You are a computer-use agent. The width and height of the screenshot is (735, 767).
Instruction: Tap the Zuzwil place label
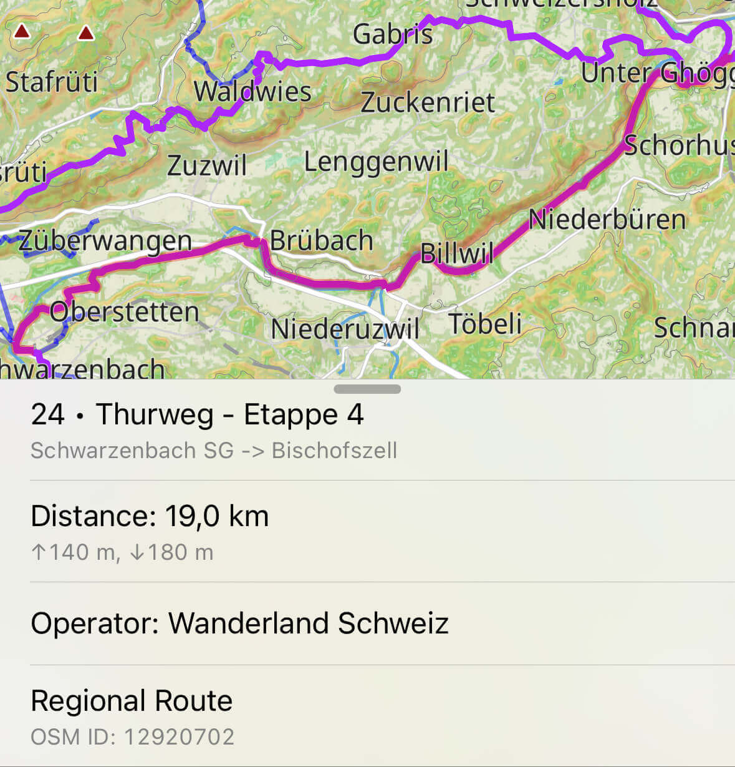(x=207, y=165)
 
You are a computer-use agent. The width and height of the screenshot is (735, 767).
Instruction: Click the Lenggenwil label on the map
(x=376, y=162)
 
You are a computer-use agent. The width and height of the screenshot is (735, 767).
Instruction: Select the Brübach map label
(x=321, y=240)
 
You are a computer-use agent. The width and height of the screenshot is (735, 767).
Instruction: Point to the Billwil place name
(x=456, y=253)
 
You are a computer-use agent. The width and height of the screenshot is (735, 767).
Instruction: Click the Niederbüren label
(x=607, y=219)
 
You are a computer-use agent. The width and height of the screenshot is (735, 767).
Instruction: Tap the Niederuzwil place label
(x=345, y=328)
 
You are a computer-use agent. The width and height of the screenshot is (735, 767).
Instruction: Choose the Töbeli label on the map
(x=485, y=323)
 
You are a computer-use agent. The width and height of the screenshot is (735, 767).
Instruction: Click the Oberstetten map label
(x=124, y=311)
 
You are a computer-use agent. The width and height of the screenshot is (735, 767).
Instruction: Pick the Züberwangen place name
(x=105, y=241)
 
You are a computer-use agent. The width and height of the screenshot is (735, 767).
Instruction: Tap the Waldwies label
(x=252, y=92)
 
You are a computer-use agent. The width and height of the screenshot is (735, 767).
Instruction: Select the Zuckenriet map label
(x=428, y=102)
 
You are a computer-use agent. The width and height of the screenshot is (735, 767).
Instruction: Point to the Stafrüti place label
(x=52, y=82)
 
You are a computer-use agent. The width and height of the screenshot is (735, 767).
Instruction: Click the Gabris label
(x=392, y=34)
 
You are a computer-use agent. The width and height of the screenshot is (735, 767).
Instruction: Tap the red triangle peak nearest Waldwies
(x=85, y=32)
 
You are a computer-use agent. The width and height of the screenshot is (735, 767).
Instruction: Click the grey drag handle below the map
(x=367, y=389)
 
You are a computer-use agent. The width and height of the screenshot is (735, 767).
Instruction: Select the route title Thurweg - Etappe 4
(x=229, y=414)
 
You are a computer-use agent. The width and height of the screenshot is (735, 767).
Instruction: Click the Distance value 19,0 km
(x=216, y=516)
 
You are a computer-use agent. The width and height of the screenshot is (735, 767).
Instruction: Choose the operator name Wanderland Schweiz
(x=308, y=623)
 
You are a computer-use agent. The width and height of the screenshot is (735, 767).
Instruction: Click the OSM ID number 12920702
(x=179, y=737)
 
